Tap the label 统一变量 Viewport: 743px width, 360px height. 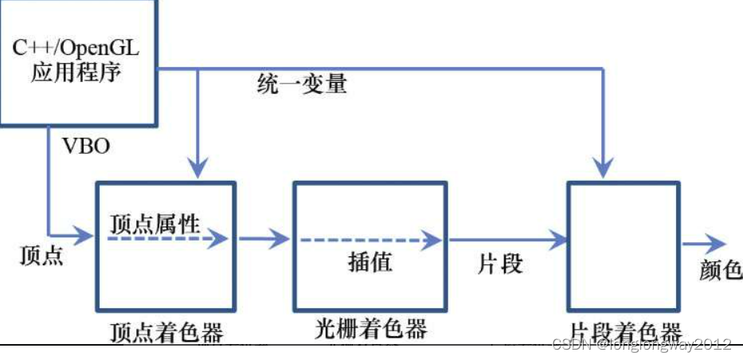point(303,84)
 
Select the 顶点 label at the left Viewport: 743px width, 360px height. point(41,256)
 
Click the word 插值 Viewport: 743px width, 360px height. point(370,261)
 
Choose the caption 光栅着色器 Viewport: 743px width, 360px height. point(370,328)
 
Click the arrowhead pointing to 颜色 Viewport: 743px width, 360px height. point(717,245)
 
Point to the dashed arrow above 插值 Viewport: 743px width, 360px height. point(367,238)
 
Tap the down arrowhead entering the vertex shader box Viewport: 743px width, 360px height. point(197,166)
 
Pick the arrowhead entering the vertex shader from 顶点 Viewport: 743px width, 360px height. point(85,236)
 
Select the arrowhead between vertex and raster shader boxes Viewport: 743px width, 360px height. point(280,237)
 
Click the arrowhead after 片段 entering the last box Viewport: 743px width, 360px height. point(558,237)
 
